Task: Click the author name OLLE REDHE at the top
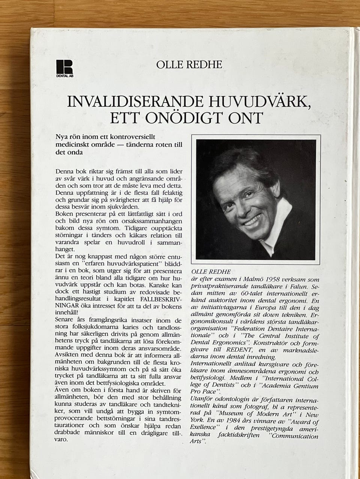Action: coord(190,64)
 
